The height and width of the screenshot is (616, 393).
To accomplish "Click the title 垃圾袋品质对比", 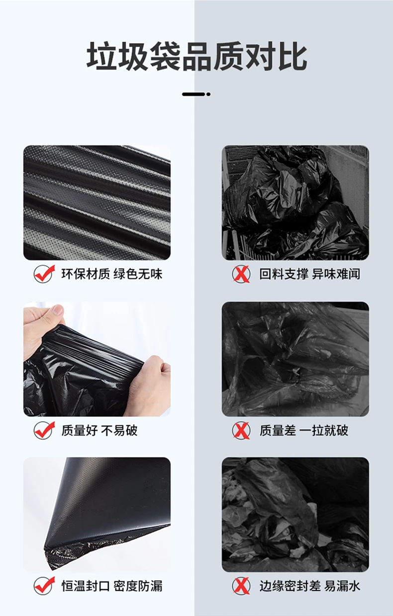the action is point(196,57).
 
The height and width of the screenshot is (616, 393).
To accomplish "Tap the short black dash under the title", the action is point(194,94).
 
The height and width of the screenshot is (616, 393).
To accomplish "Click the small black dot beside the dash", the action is point(208,94).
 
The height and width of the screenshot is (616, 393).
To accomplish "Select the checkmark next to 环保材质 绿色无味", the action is point(44,273).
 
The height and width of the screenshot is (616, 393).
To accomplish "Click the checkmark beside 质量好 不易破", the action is point(44,430).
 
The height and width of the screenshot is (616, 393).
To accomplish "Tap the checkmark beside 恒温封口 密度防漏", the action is point(44,586).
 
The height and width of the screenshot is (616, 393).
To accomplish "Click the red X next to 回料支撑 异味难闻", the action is point(241,274).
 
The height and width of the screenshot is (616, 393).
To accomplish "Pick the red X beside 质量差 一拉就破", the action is point(241,430).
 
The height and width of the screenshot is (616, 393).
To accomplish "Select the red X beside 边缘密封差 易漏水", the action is point(241,586).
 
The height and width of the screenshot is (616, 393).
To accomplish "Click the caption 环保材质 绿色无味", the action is point(112,274).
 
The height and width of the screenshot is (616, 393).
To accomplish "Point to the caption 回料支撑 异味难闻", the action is point(309,274).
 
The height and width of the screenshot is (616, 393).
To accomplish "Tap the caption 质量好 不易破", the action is point(99,430).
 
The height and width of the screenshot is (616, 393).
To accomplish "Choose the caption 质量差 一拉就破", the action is point(304,430).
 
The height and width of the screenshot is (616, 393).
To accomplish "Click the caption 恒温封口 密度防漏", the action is point(112,586).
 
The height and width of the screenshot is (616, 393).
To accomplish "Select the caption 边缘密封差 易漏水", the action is point(309,586).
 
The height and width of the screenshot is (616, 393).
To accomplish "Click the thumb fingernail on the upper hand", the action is point(58,309).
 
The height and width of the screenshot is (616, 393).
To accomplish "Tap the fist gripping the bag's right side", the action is point(149,385).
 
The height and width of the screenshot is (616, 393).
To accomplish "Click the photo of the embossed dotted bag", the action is point(97,203).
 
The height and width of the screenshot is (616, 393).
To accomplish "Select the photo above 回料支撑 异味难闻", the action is point(295,203).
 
